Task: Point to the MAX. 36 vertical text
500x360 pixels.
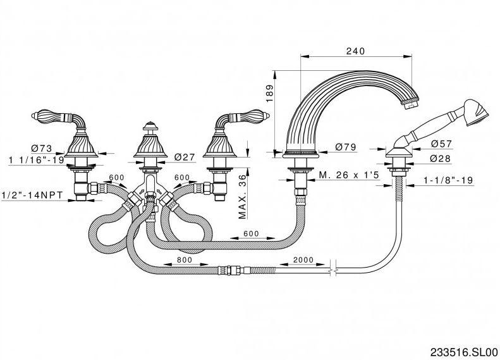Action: point(243,196)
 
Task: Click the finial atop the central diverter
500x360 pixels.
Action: point(149,125)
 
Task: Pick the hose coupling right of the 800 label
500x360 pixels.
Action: point(228,271)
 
